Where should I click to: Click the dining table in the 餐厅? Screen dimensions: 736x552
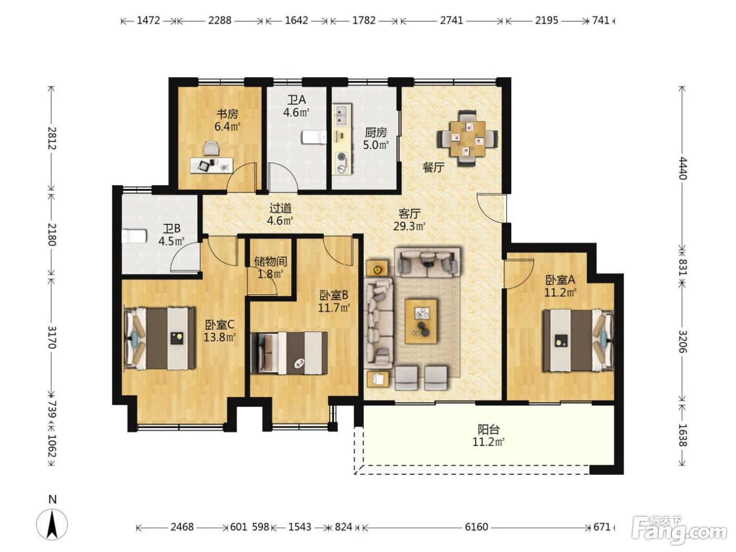[467, 138]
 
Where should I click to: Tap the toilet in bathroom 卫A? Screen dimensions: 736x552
[314, 137]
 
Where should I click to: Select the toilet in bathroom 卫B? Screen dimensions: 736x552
[134, 236]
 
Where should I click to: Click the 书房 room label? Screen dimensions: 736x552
[227, 114]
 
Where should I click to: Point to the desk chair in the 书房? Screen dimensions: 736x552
[211, 148]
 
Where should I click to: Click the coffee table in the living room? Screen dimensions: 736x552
[421, 321]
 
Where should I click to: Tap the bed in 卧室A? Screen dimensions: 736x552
[578, 340]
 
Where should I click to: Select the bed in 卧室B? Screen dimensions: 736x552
[289, 353]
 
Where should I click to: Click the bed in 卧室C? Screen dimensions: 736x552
[160, 338]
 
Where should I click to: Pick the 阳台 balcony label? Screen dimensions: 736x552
[488, 430]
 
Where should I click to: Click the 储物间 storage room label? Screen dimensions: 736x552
[271, 261]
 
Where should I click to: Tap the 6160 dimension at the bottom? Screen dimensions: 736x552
[476, 527]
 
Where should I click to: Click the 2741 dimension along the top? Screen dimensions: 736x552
[451, 21]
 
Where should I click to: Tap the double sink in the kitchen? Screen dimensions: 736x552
[342, 114]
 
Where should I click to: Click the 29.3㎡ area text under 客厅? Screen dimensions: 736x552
[410, 227]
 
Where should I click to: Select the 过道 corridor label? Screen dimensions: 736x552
[280, 208]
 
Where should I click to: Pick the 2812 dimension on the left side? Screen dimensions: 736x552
[52, 138]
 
